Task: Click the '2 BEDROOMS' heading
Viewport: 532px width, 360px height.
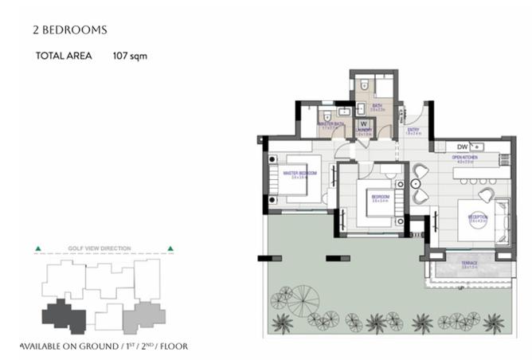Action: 69,30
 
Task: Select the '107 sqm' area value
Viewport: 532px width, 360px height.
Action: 130,57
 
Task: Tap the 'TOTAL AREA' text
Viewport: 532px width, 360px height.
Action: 64,57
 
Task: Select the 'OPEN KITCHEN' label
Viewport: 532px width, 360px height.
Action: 464,157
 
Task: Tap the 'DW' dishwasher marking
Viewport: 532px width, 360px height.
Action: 461,147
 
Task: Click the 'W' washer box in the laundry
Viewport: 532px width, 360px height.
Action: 363,124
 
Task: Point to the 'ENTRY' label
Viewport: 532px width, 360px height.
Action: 413,130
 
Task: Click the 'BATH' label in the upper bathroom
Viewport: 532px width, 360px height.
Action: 377,106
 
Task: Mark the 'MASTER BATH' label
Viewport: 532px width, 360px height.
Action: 330,124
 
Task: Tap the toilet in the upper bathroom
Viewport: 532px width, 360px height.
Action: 363,84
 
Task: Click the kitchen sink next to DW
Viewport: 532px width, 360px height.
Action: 478,147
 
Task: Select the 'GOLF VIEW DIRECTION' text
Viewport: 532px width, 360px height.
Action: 104,248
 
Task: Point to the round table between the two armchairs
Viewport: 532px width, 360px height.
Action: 420,184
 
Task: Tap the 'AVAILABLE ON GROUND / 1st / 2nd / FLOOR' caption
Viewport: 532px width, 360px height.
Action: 104,347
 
